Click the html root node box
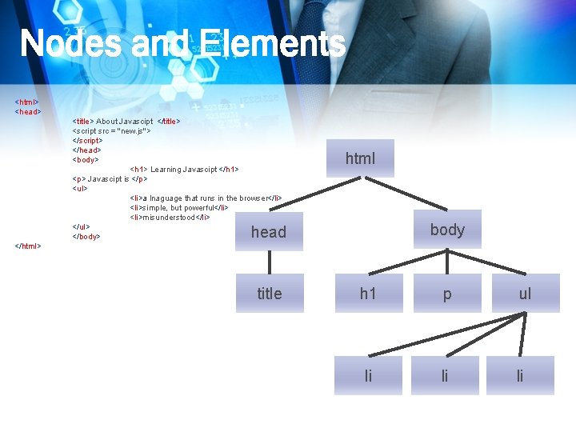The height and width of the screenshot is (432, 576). click(x=360, y=158)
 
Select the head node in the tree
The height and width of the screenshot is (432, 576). click(x=269, y=232)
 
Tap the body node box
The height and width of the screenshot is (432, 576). click(x=447, y=230)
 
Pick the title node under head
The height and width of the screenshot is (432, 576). click(x=270, y=294)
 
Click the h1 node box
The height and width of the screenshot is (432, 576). click(x=368, y=294)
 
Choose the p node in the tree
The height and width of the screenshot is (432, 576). click(x=446, y=294)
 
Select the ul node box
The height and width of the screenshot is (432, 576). click(x=525, y=294)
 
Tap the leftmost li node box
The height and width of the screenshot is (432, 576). click(x=368, y=376)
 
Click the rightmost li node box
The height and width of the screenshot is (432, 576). click(x=520, y=376)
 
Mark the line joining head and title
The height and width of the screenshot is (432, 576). click(x=270, y=262)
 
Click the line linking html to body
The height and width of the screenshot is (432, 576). click(x=404, y=194)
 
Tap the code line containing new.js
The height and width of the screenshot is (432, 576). click(x=111, y=130)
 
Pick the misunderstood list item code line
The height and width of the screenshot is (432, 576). click(x=170, y=218)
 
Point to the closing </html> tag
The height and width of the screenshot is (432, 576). click(x=28, y=246)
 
